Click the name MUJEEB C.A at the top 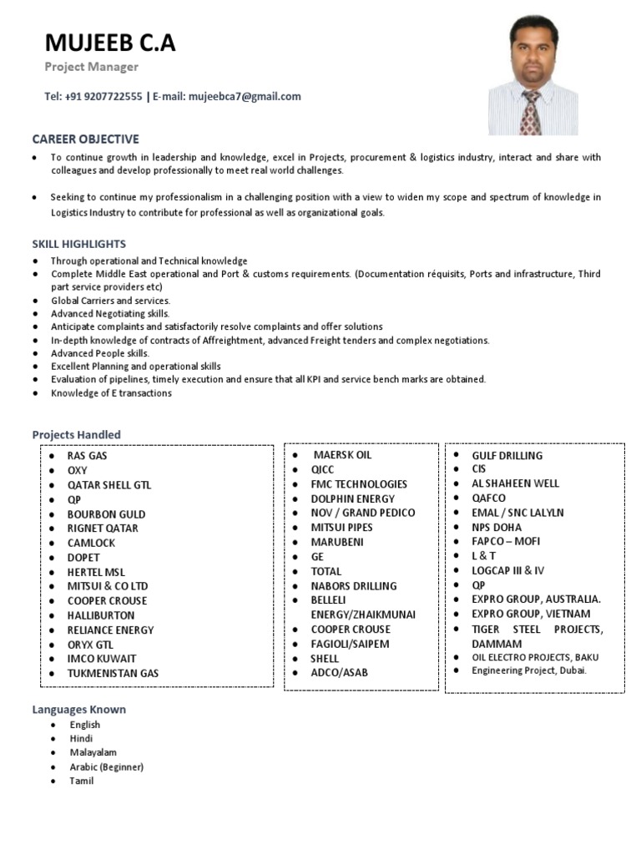110,43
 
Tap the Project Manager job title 91,67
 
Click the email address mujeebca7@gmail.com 245,97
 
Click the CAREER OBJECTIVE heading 85,139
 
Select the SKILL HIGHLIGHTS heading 79,244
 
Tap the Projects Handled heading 76,434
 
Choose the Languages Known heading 79,709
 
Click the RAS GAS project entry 87,456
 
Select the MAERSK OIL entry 342,455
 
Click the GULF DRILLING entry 507,455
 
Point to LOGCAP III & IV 507,570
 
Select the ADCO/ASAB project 339,672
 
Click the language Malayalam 93,752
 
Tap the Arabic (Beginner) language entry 107,766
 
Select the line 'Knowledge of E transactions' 111,392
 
